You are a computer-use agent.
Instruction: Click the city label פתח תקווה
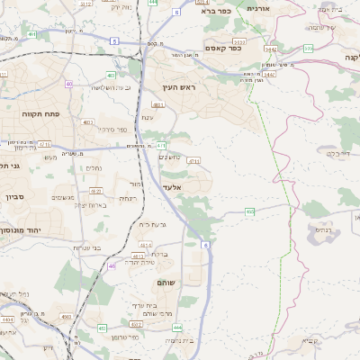38,116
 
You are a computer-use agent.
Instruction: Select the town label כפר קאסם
221,48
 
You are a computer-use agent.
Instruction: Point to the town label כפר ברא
218,13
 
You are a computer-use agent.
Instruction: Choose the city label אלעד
172,186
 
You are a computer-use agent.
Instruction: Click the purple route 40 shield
68,83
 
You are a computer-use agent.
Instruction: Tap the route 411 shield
161,145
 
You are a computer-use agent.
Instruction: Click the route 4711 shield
194,160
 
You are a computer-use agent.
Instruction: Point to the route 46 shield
112,266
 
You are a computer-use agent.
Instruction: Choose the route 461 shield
32,35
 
